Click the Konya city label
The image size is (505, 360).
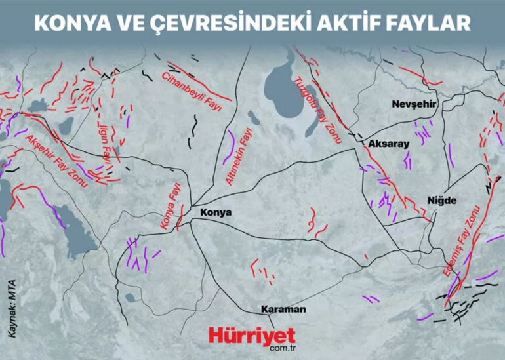214,213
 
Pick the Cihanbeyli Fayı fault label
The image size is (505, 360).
192,91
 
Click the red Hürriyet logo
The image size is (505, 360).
253,335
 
